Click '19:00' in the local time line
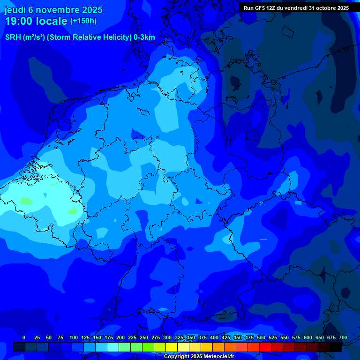[20, 22]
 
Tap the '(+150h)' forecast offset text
[83, 21]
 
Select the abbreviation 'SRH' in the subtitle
[13, 37]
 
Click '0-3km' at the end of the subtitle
[144, 37]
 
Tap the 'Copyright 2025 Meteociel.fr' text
[199, 357]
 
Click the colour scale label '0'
[24, 338]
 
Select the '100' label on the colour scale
[74, 338]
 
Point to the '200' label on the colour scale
[120, 338]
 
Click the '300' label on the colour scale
[167, 338]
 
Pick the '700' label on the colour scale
[343, 338]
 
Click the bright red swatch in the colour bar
[265, 347]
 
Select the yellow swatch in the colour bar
[172, 347]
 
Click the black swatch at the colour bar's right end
[336, 347]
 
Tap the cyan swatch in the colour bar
[113, 347]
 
